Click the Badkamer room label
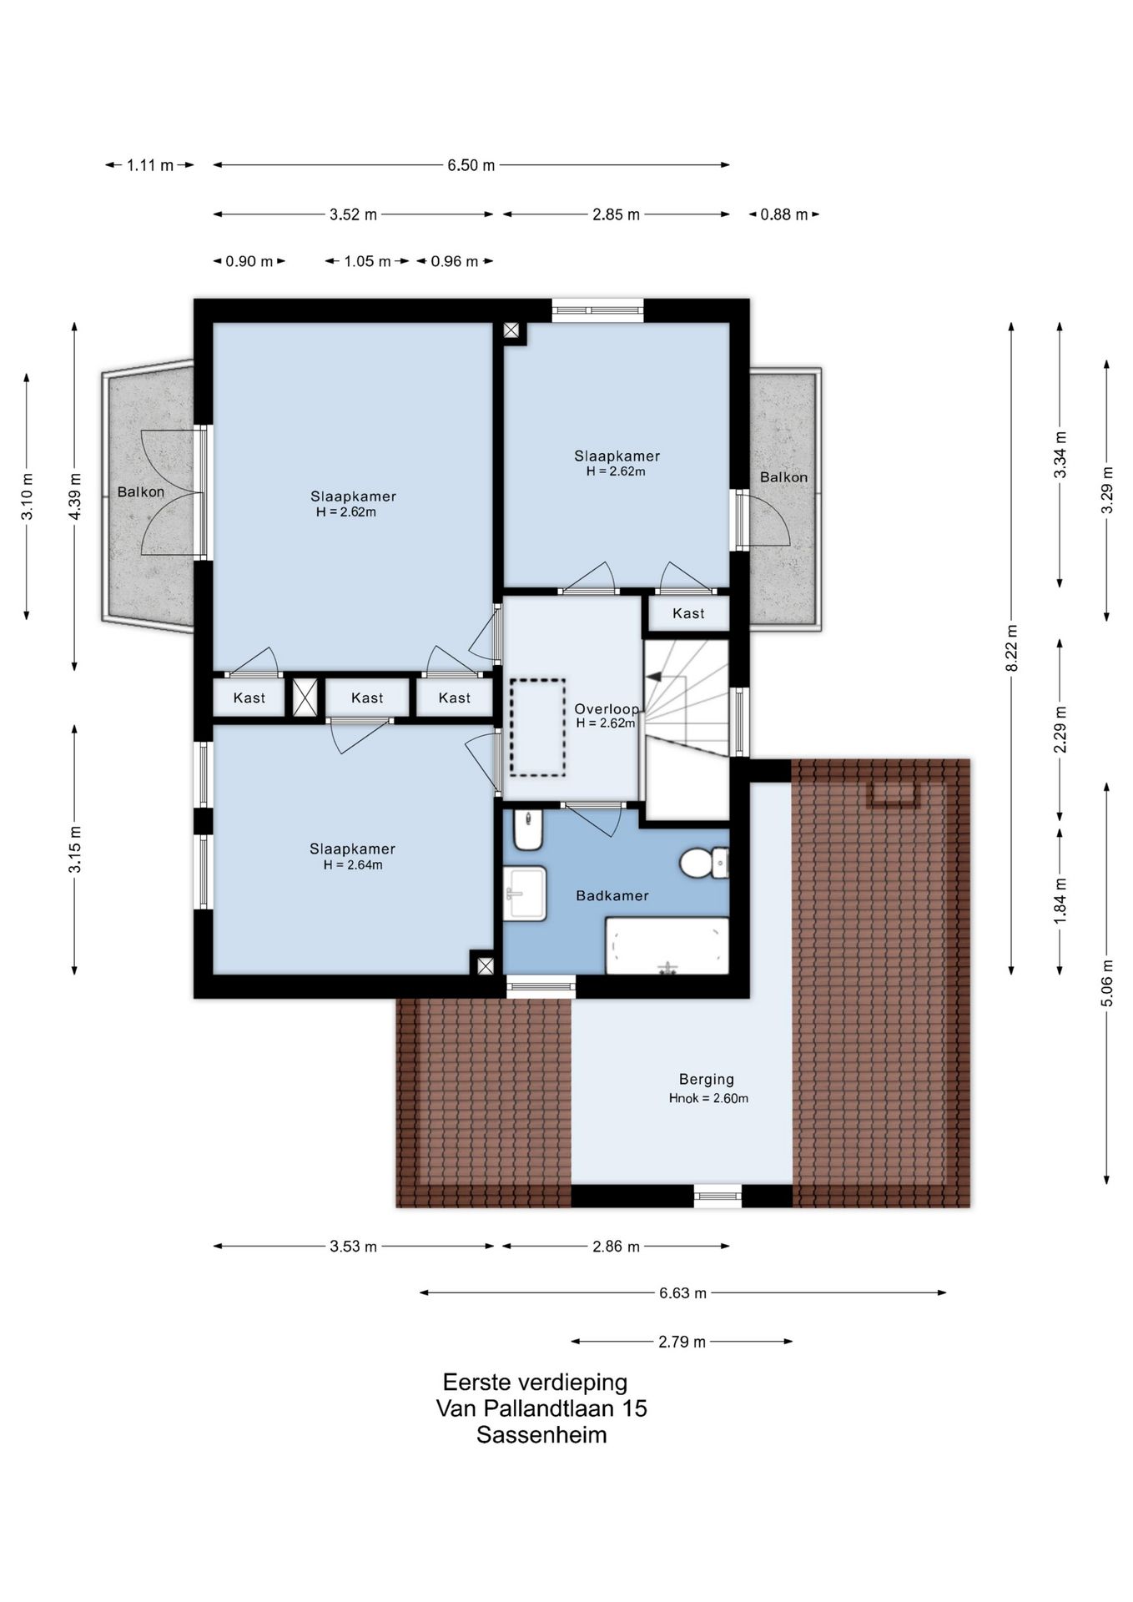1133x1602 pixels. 612,895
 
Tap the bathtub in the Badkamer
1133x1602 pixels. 667,945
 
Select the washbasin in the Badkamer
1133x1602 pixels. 525,893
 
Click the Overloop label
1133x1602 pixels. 607,709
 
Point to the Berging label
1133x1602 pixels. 707,1079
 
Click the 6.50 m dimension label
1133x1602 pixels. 471,165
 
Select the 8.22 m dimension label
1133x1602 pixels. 1012,648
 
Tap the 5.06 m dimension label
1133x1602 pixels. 1107,983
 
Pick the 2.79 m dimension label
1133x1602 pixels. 682,1342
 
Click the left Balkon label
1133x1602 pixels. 140,492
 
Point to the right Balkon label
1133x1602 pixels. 783,477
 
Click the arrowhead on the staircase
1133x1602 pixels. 653,677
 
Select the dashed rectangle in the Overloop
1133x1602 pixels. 537,728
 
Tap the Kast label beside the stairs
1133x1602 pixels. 688,613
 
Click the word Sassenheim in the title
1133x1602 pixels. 541,1435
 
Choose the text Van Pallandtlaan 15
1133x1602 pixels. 541,1408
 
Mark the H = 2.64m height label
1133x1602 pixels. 353,865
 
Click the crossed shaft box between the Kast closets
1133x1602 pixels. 305,698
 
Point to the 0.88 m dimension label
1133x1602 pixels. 784,214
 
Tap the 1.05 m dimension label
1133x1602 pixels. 368,261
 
